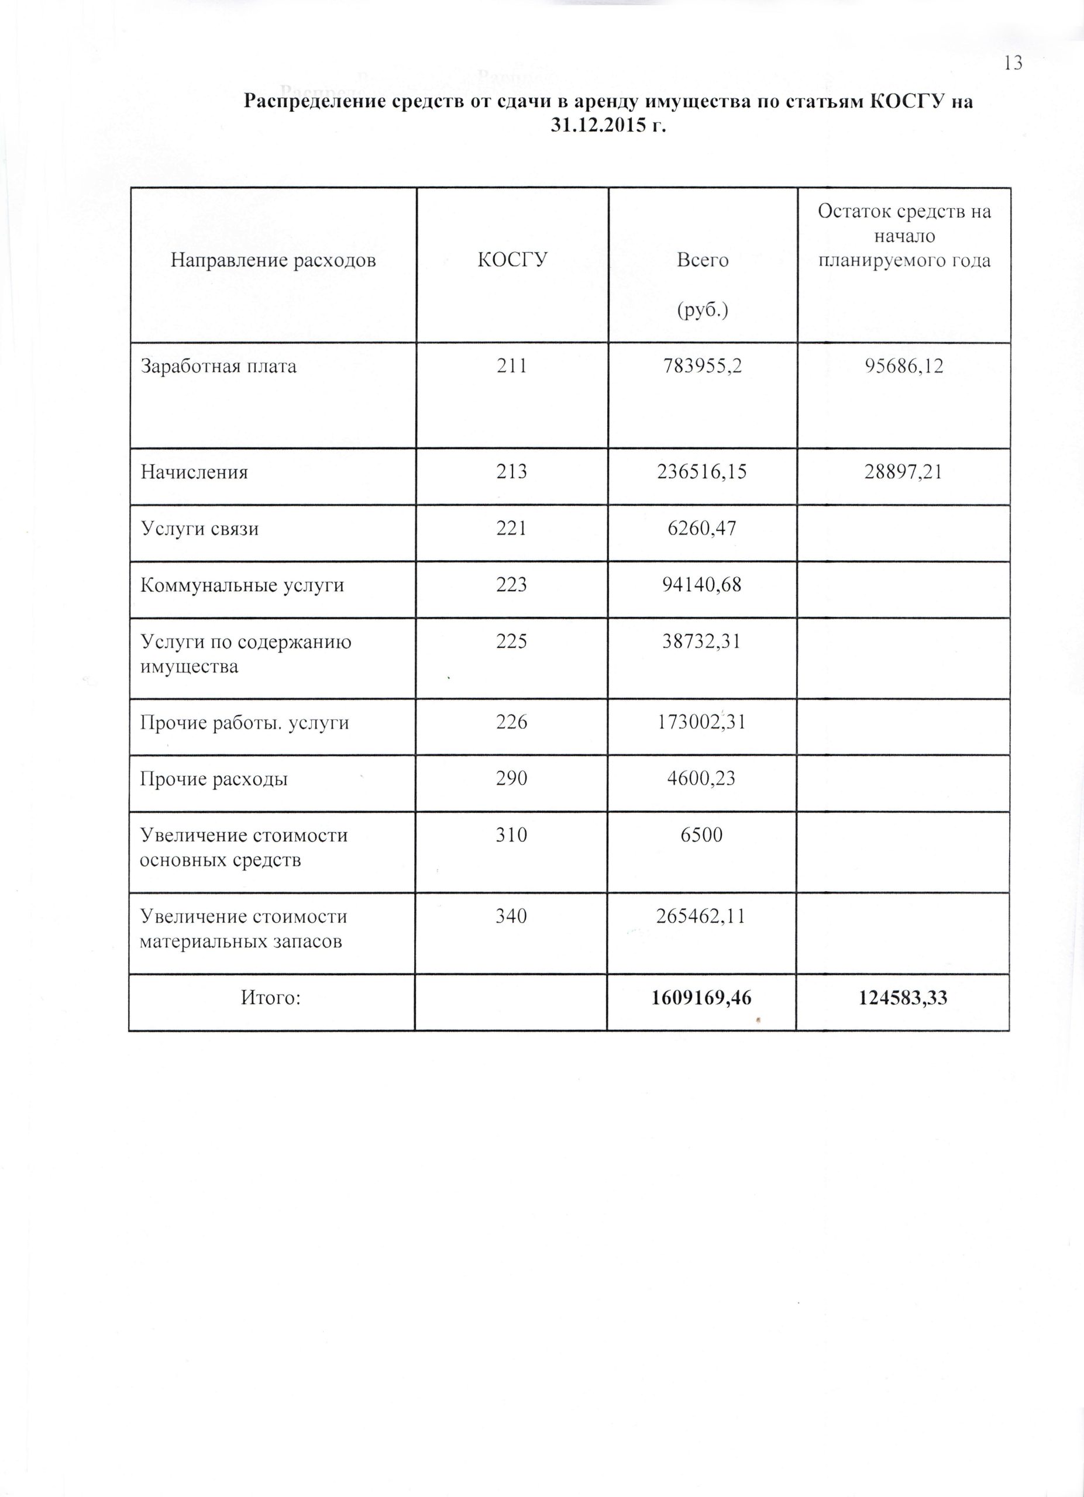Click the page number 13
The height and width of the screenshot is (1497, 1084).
click(x=1013, y=63)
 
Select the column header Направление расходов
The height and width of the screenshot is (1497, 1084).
click(x=273, y=261)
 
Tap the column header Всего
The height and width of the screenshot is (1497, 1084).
click(x=703, y=261)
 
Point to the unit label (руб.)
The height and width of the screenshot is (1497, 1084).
click(x=703, y=311)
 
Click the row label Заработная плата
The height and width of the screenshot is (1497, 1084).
click(x=219, y=365)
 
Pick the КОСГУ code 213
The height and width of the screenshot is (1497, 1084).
click(x=512, y=471)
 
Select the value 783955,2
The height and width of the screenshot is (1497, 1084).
click(x=702, y=365)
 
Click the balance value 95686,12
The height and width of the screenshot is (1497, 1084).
click(x=904, y=365)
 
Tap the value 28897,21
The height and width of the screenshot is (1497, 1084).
click(x=904, y=471)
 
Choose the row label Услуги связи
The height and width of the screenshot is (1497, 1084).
click(x=199, y=528)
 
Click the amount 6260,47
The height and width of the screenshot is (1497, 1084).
click(x=702, y=528)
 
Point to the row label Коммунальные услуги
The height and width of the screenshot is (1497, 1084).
click(x=242, y=585)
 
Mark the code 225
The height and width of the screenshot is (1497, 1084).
click(x=512, y=641)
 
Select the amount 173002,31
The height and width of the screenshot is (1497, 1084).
click(x=702, y=723)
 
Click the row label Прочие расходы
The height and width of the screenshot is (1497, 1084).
click(x=214, y=779)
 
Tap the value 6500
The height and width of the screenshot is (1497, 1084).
click(x=702, y=835)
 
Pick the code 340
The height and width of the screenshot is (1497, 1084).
click(x=512, y=916)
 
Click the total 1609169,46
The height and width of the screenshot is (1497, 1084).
click(x=701, y=998)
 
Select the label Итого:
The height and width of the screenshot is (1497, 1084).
click(x=271, y=998)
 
